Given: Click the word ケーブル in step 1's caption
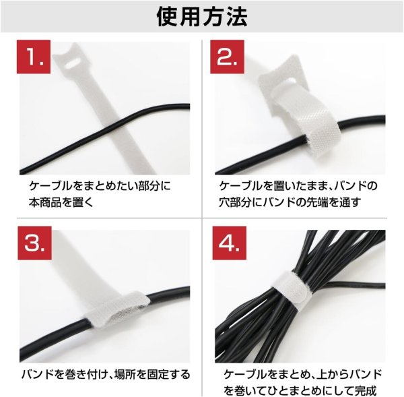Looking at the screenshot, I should [47, 185].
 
